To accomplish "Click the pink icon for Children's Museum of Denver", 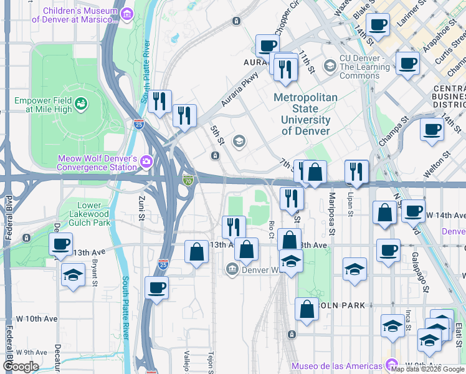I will (x=126, y=14).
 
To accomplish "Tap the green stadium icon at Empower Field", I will (x=80, y=102).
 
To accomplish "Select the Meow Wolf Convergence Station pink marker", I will (x=146, y=161).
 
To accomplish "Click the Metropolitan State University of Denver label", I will (x=305, y=114).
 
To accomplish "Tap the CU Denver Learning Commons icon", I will (x=330, y=65).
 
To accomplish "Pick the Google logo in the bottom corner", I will (x=20, y=367).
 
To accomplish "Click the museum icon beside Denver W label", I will (x=232, y=269).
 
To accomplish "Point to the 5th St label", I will (x=216, y=134).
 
